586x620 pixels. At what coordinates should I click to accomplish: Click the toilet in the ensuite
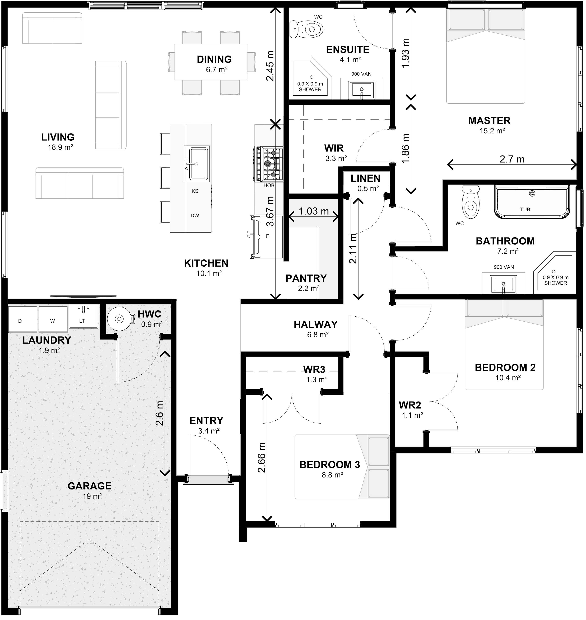point(306,29)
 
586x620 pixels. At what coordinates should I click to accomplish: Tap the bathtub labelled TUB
point(532,202)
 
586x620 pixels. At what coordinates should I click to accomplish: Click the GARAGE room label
point(90,486)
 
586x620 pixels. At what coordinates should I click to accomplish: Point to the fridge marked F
point(266,236)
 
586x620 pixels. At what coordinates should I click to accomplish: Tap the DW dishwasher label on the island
point(195,216)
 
